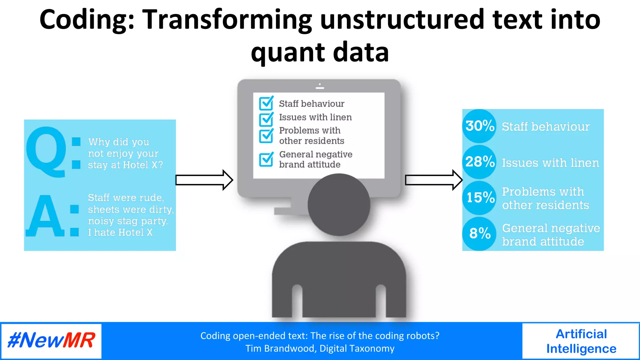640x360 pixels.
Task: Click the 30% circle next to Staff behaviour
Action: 479,126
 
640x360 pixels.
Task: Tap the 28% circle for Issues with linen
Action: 479,162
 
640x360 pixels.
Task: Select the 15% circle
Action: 479,197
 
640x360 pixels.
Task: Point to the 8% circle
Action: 479,233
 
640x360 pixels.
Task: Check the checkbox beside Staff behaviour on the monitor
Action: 266,103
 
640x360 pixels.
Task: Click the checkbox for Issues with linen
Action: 266,118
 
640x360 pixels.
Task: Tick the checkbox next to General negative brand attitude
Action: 266,159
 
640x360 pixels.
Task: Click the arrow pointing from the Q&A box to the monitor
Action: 204,180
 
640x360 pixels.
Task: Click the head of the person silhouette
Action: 339,205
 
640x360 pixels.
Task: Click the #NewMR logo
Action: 51,341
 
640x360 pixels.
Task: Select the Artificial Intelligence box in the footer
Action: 581,341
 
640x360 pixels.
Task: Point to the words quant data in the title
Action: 320,52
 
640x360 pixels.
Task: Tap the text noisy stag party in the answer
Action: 127,221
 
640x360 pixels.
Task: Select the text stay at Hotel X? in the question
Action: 125,165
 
